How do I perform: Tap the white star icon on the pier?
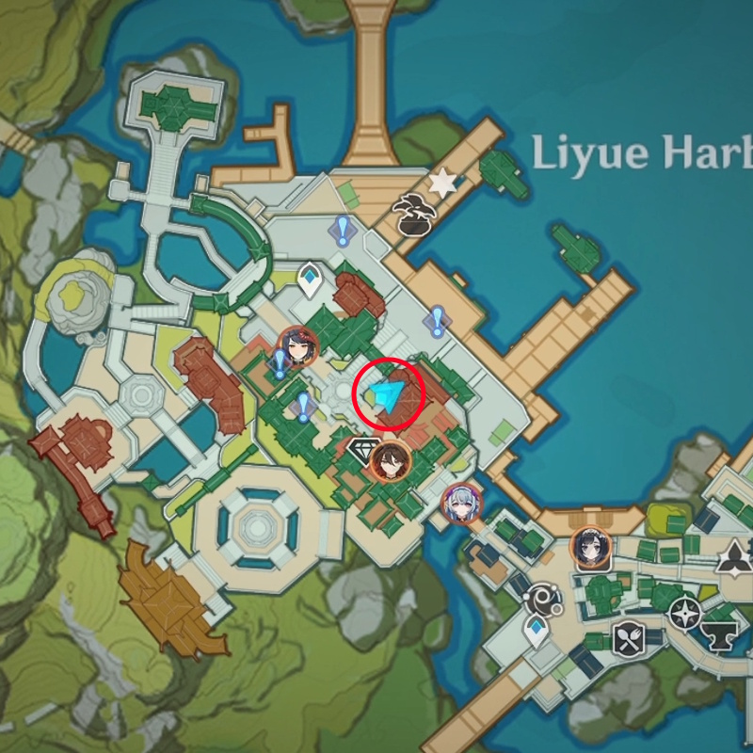pos(442,181)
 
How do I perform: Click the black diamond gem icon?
pos(360,450)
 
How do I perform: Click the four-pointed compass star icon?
pos(684,614)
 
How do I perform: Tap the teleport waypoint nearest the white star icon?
pos(309,279)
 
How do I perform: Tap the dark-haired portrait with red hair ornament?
pos(298,347)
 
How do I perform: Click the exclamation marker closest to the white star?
pos(343,228)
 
